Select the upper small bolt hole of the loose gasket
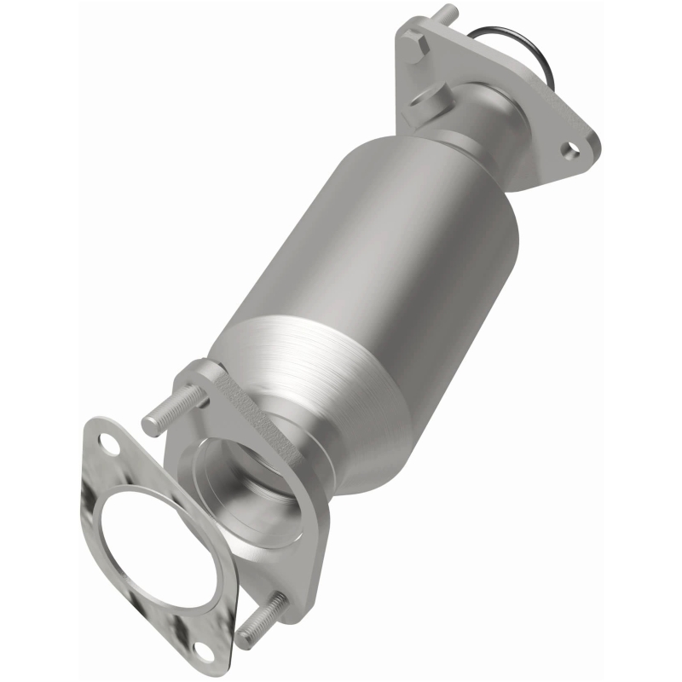coord(108,442)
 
